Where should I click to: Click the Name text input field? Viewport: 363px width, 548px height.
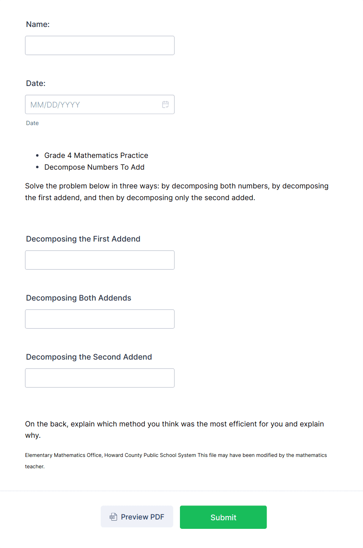pos(100,45)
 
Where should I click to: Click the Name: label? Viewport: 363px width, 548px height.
pos(38,24)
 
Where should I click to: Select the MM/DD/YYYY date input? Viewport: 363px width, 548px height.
pos(94,104)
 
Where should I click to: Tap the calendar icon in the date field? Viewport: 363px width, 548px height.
pos(165,104)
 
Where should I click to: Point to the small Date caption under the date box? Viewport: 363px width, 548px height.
pos(32,123)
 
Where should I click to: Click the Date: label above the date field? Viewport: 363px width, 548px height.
pos(36,83)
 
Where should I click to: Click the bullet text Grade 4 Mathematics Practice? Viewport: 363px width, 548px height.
pos(96,156)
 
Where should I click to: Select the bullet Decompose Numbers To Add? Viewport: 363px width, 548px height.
pos(94,167)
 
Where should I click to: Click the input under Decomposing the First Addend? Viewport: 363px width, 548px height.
pos(100,260)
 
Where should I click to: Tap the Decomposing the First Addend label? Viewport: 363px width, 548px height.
pos(83,239)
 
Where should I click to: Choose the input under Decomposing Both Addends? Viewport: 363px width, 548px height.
pos(100,319)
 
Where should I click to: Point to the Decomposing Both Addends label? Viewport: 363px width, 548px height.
pos(78,298)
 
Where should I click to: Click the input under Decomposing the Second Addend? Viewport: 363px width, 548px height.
pos(100,378)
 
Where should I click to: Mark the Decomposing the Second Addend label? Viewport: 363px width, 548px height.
pos(89,357)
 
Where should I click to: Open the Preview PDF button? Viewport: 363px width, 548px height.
pos(137,517)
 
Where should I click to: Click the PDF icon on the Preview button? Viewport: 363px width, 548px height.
pos(113,517)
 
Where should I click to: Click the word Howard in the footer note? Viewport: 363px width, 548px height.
pos(114,455)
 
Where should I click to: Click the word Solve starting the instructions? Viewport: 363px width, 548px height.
pos(34,186)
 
